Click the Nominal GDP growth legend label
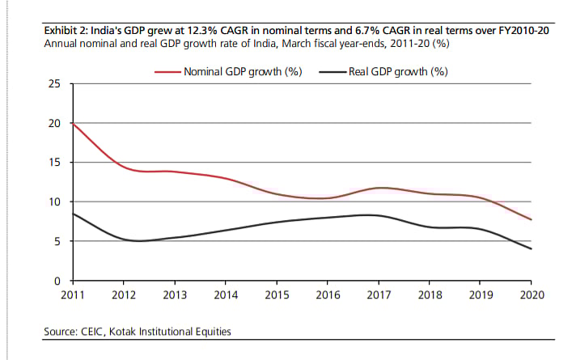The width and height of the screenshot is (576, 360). tap(243, 71)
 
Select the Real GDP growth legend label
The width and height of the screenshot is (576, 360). tap(399, 71)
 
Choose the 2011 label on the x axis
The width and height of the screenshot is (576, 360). tap(74, 294)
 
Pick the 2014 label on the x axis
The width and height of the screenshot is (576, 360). tap(226, 294)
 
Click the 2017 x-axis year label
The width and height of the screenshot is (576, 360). tap(379, 294)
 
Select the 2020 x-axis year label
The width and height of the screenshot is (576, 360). tap(531, 294)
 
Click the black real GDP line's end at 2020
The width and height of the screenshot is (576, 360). tap(531, 248)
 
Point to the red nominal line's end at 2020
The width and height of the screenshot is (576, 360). tap(531, 219)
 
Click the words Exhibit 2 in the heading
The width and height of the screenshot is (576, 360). tap(66, 30)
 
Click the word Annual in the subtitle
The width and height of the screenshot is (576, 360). tap(61, 43)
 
